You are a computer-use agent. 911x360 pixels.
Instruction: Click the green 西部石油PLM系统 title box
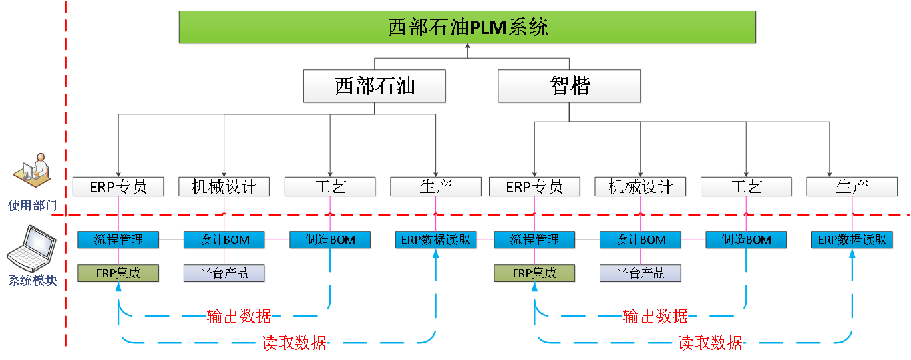pyautogui.click(x=468, y=27)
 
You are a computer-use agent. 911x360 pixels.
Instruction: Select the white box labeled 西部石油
pyautogui.click(x=374, y=86)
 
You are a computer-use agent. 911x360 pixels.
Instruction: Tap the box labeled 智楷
pyautogui.click(x=569, y=86)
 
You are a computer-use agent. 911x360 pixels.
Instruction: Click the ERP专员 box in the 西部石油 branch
pyautogui.click(x=118, y=187)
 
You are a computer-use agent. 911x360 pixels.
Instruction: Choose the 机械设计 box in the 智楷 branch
pyautogui.click(x=641, y=187)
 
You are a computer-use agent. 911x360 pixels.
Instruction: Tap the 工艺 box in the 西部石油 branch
pyautogui.click(x=330, y=187)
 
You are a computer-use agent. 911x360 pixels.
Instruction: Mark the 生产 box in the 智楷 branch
pyautogui.click(x=852, y=187)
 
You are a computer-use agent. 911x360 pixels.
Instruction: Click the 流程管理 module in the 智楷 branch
pyautogui.click(x=534, y=240)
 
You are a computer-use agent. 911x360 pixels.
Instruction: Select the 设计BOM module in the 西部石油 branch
pyautogui.click(x=224, y=240)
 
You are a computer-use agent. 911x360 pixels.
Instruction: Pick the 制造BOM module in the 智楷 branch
pyautogui.click(x=747, y=240)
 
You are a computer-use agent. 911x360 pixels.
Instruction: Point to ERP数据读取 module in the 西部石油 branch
pyautogui.click(x=436, y=240)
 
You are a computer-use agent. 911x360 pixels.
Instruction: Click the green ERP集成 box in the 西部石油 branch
pyautogui.click(x=118, y=273)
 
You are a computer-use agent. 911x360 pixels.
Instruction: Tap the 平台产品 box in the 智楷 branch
pyautogui.click(x=641, y=273)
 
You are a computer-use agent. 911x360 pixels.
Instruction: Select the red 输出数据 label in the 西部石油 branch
pyautogui.click(x=239, y=316)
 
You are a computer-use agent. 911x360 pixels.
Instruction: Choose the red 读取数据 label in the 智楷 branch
pyautogui.click(x=709, y=343)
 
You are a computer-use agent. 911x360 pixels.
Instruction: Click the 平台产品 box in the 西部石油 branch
pyautogui.click(x=224, y=273)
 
